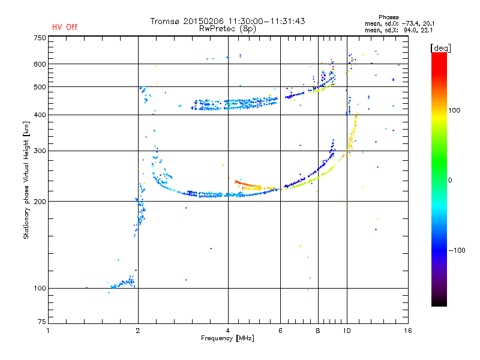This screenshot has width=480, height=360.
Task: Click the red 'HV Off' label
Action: [65, 27]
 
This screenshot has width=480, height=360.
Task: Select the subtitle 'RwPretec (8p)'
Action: [227, 29]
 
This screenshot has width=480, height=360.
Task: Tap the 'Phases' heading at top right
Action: [388, 17]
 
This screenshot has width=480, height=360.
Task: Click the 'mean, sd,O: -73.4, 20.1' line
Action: [400, 23]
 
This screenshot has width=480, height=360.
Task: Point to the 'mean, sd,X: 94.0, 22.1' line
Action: [398, 30]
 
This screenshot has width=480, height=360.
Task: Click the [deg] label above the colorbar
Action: [440, 48]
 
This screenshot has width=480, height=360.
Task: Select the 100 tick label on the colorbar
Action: [454, 110]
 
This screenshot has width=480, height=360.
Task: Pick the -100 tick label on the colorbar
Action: [457, 250]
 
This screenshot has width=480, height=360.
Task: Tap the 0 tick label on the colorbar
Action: [450, 181]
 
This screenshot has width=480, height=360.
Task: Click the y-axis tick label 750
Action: [40, 38]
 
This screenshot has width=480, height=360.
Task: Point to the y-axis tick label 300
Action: [40, 151]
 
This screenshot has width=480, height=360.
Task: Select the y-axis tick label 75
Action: [42, 322]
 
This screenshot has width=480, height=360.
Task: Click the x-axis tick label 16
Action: [408, 331]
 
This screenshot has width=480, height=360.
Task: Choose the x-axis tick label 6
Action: [280, 331]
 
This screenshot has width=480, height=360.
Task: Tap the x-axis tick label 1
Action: [48, 331]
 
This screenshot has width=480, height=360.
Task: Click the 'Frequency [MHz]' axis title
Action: [227, 338]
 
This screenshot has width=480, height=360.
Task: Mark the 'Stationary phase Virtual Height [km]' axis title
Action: [26, 180]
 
